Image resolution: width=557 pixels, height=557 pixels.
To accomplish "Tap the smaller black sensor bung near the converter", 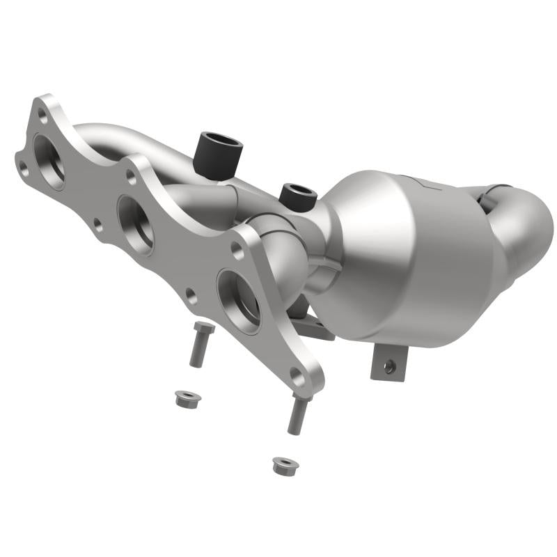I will pos(298,197).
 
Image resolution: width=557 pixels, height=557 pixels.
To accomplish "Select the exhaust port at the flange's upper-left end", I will pos(49,160).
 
